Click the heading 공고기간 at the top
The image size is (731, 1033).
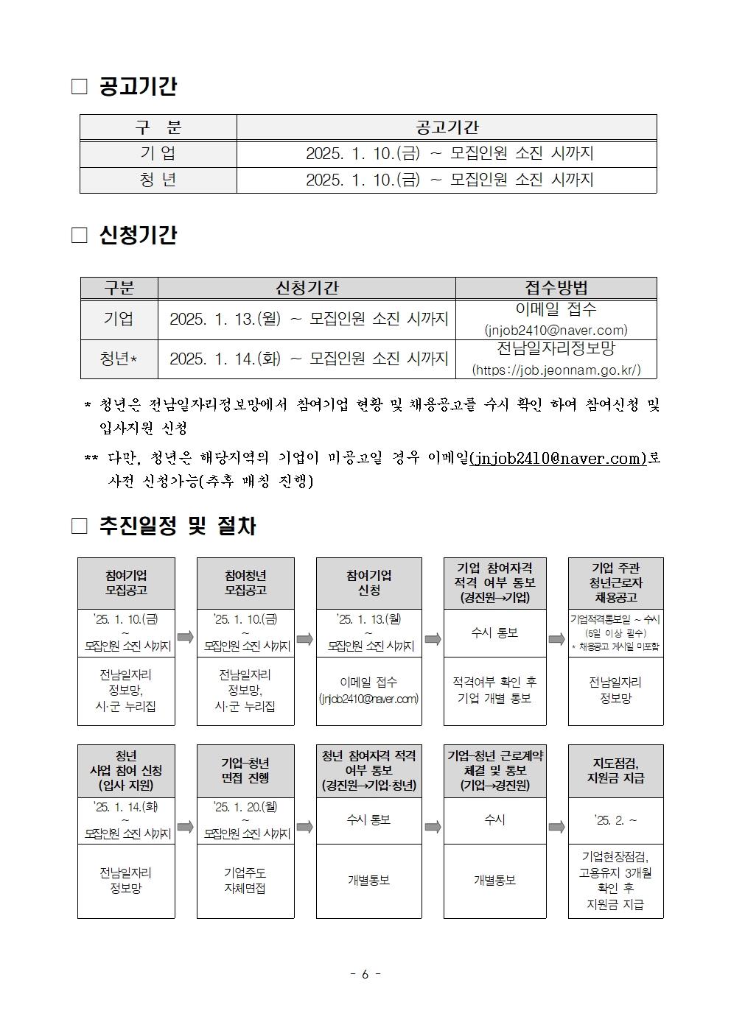click(x=137, y=87)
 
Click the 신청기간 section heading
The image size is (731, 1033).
click(x=137, y=236)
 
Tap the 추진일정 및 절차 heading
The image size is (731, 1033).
click(x=177, y=526)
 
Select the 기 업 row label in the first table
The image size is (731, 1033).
click(x=158, y=154)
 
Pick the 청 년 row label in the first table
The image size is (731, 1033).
click(x=158, y=180)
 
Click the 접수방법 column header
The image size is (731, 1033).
click(x=556, y=288)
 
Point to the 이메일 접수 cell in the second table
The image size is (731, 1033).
click(x=556, y=310)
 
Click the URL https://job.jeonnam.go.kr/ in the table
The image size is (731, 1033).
click(x=556, y=370)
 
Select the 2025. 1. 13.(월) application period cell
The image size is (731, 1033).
click(x=308, y=319)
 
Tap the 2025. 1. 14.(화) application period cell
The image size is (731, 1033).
click(x=308, y=359)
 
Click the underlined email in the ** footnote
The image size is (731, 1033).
click(x=558, y=458)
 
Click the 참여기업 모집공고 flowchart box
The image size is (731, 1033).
click(x=126, y=582)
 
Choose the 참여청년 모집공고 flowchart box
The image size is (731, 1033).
click(x=245, y=582)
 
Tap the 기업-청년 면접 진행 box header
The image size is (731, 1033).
click(x=245, y=770)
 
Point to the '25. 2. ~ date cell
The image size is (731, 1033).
click(x=615, y=820)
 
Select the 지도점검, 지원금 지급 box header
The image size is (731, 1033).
click(x=615, y=770)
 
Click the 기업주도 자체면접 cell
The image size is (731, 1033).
click(x=245, y=880)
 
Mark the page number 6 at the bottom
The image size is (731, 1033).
click(x=365, y=974)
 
